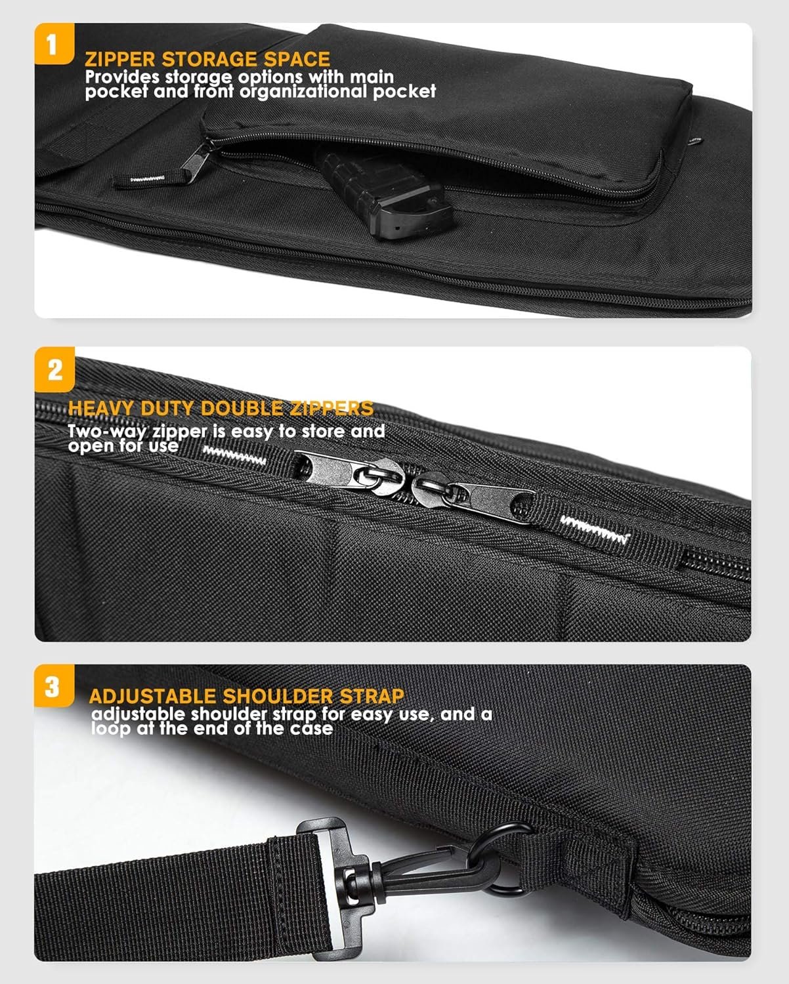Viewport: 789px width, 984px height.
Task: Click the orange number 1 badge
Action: [54, 43]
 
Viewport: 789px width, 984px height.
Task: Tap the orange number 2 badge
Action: [54, 369]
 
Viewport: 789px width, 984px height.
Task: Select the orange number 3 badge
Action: [54, 686]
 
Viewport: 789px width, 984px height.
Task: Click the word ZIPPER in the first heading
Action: [120, 60]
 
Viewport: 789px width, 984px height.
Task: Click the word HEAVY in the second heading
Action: [100, 408]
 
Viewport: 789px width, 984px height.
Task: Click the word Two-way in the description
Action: [107, 431]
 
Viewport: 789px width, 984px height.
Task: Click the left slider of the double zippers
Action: [349, 473]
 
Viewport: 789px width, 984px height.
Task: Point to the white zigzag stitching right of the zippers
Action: [595, 529]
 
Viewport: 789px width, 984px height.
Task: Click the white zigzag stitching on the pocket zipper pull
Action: [148, 178]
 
